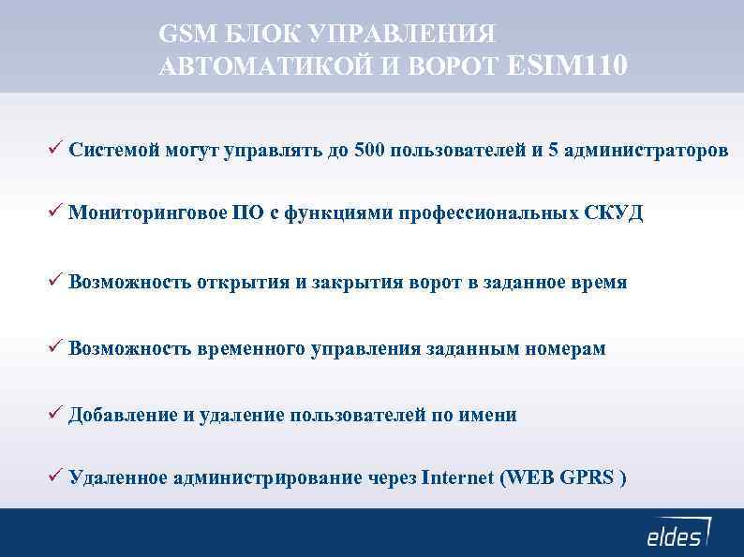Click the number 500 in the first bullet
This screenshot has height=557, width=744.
pos(369,150)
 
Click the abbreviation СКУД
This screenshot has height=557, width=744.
pos(614,213)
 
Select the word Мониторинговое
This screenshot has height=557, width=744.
pos(147,213)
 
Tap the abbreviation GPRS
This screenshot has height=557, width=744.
pos(588,478)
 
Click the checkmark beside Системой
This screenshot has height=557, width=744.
pos(56,149)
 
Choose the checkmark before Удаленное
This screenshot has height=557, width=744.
pos(56,477)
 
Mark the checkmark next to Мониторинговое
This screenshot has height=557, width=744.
pos(56,213)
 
